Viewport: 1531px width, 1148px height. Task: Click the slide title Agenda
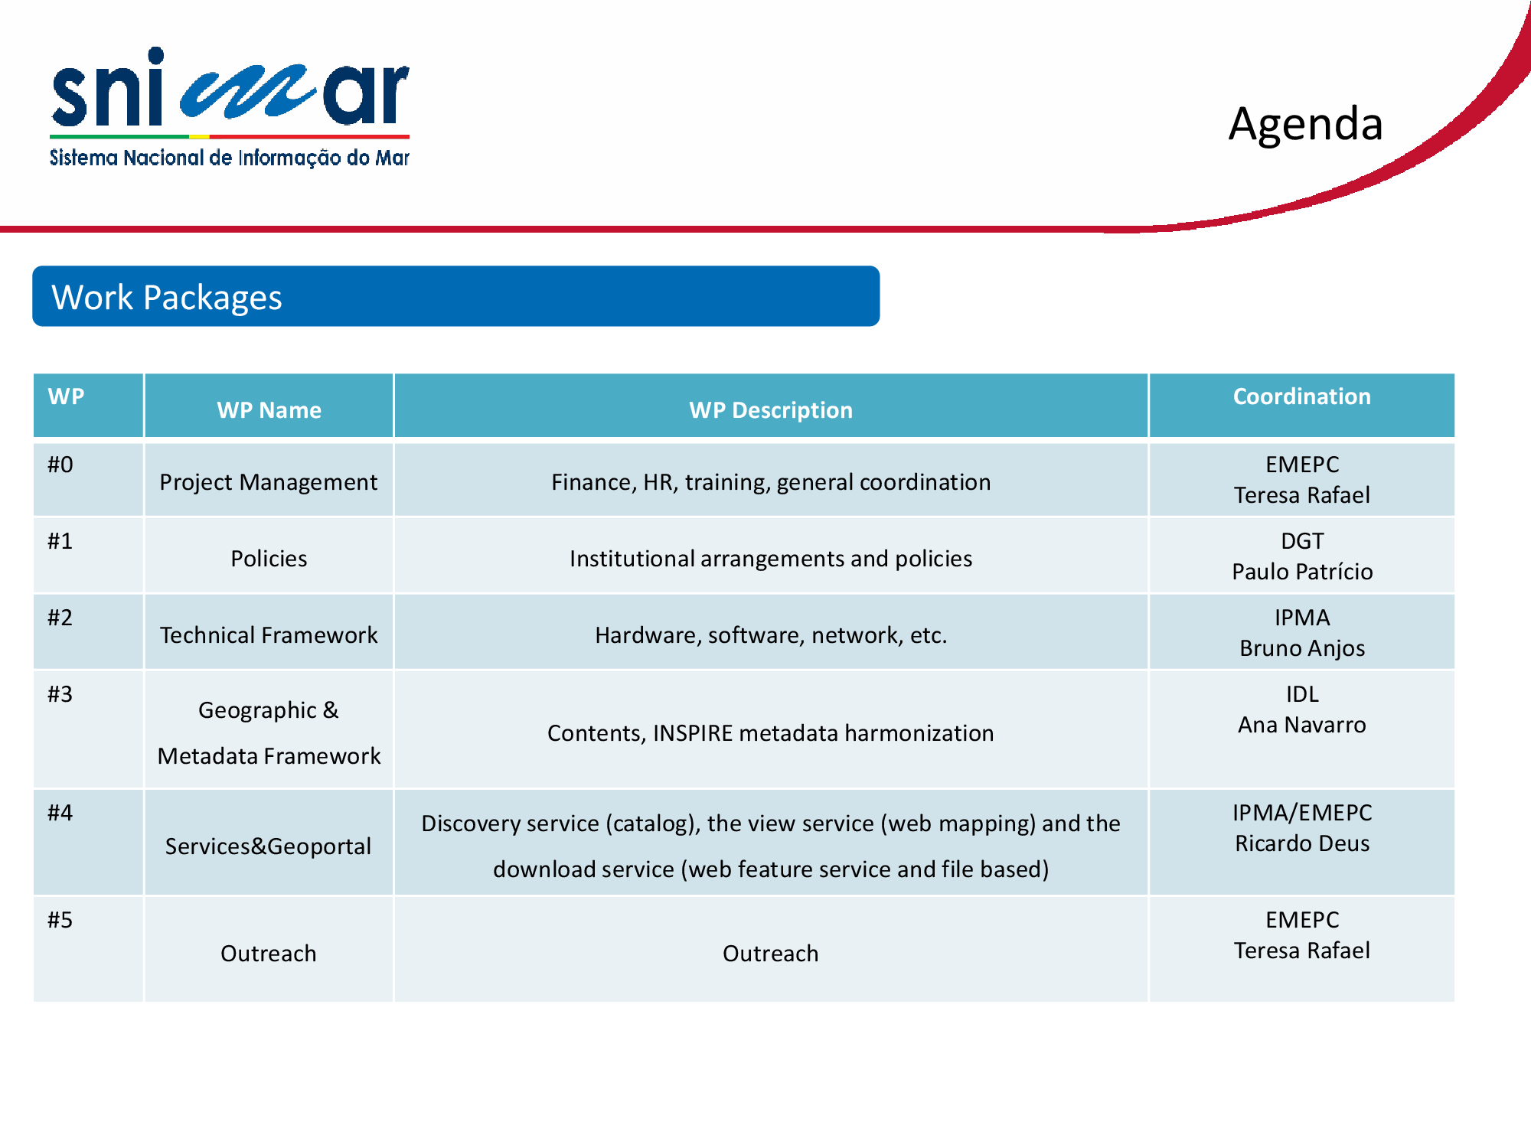(1305, 124)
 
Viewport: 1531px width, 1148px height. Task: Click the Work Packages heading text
(167, 297)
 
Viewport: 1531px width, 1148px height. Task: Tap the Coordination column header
(1301, 396)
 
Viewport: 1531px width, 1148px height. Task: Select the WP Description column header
(770, 410)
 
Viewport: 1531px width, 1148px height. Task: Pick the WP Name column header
(269, 410)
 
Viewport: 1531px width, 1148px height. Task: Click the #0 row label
(60, 465)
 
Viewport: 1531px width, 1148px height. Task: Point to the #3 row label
(60, 694)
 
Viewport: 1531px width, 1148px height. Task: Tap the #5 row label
(60, 920)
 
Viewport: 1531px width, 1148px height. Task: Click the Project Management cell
(269, 482)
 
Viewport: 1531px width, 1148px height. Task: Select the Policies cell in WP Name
(269, 559)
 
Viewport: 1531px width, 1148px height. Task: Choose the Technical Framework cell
(269, 635)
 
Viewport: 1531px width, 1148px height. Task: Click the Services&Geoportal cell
(269, 846)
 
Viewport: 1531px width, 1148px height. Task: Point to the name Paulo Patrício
(1302, 572)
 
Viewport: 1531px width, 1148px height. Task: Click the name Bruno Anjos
(1302, 648)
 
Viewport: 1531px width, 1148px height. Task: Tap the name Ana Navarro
(1302, 725)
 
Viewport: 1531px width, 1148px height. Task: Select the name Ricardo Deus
(1302, 843)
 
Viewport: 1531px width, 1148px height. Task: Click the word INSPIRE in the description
(693, 733)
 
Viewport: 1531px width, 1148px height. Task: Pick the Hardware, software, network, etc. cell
(771, 635)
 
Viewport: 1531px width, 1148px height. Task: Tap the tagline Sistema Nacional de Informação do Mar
(230, 158)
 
